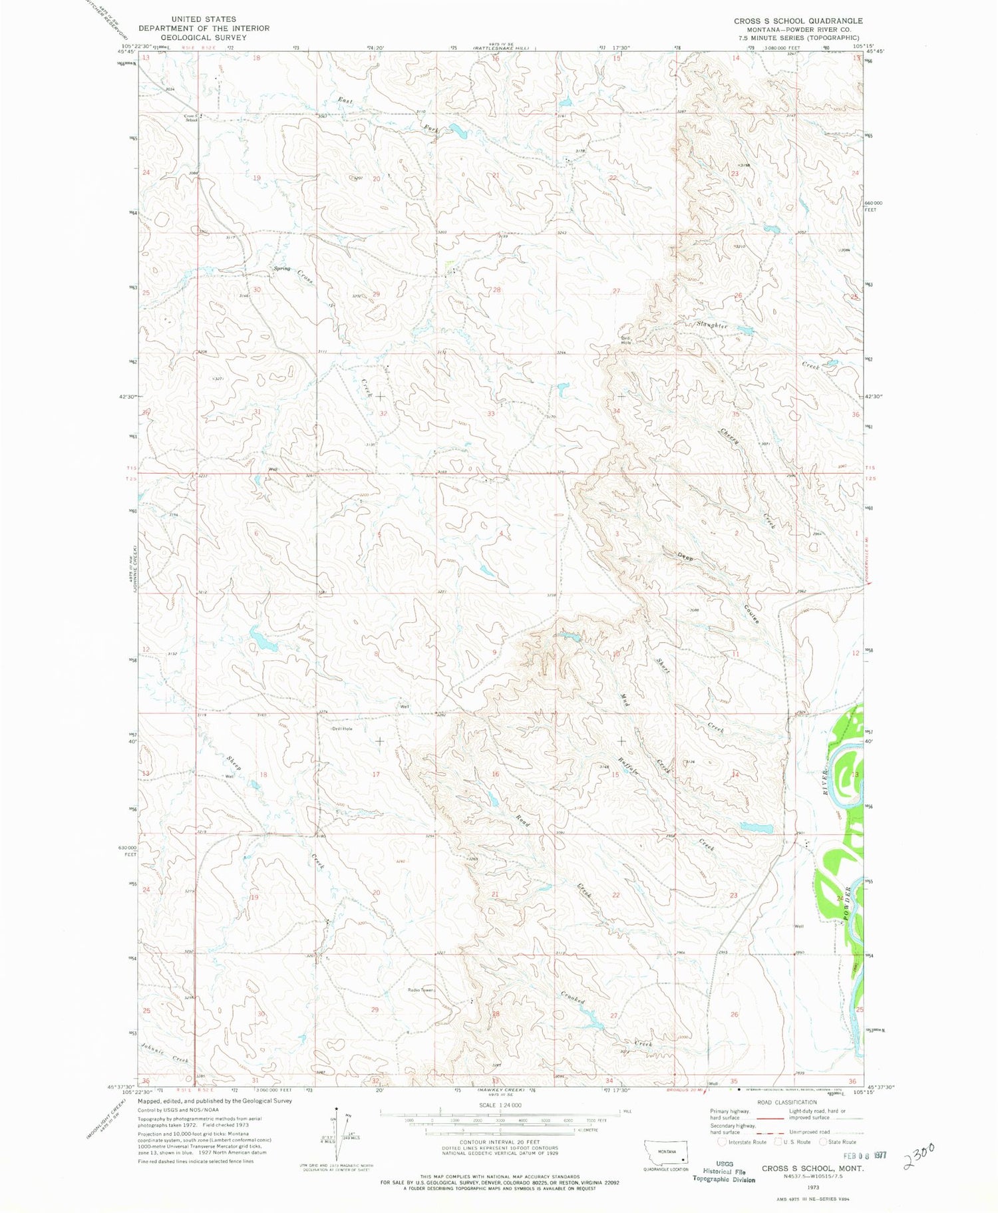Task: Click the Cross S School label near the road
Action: [192, 118]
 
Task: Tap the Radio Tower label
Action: [420, 990]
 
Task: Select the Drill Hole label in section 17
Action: [343, 729]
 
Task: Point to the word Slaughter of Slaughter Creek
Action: [711, 325]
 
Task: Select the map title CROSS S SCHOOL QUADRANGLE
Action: [798, 21]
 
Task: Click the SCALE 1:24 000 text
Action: [498, 1105]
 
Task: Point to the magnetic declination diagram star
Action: [337, 1109]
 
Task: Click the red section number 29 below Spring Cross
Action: [376, 294]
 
